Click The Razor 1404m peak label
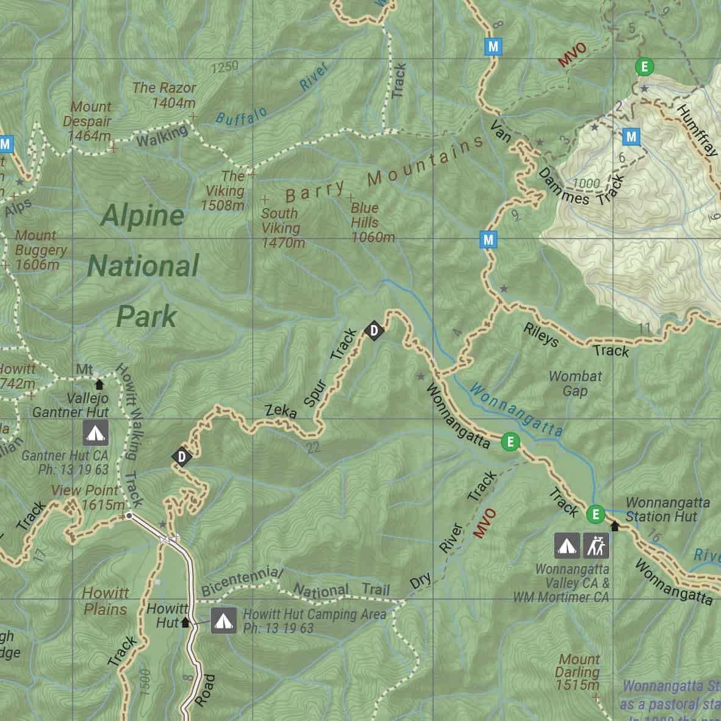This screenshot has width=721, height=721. (x=164, y=95)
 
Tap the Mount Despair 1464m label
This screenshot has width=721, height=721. (x=88, y=121)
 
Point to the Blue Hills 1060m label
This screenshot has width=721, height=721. (x=372, y=223)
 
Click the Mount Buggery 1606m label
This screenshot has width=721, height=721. (x=40, y=250)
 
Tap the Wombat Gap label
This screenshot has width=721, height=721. (x=575, y=383)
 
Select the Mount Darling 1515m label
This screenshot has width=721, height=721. (x=578, y=672)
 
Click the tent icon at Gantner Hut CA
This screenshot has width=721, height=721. (x=95, y=433)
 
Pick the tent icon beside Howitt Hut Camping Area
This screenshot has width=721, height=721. (x=223, y=622)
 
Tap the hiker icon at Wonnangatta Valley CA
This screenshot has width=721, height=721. (x=597, y=546)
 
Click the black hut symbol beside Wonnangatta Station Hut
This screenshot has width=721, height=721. (x=614, y=526)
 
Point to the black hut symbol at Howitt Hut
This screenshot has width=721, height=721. (x=185, y=623)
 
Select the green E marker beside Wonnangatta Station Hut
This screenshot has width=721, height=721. (x=596, y=514)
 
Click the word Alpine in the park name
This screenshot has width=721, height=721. (x=143, y=215)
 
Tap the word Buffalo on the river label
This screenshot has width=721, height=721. (x=242, y=115)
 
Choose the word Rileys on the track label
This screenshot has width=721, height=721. (x=540, y=335)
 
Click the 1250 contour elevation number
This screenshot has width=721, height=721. (x=224, y=66)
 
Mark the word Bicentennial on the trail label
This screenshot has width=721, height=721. (x=242, y=583)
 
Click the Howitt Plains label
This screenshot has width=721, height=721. (x=106, y=601)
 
